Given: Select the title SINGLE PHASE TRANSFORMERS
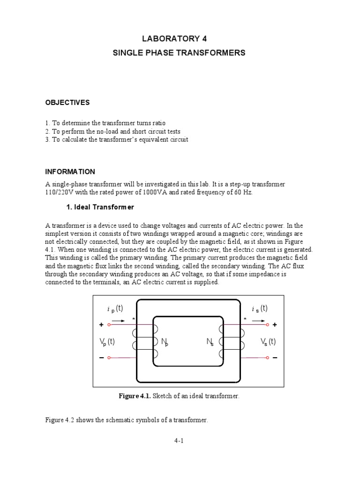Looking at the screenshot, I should tap(179, 53).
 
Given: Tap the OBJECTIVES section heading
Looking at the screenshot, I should tap(67, 102).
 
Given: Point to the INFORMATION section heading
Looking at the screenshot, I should tap(70, 172).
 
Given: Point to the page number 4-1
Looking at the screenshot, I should tap(180, 441).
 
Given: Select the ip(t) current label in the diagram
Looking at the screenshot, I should tap(115, 308).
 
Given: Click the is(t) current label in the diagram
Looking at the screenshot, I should tap(259, 308).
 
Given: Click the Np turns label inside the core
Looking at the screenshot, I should tap(165, 343).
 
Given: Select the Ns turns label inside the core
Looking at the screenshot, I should tap(210, 343).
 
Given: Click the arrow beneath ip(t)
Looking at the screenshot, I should tap(119, 321).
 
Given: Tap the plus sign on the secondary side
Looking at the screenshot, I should tap(275, 324).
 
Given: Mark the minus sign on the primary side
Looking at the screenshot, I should tap(101, 358).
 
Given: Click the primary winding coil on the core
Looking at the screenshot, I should tap(142, 341).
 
